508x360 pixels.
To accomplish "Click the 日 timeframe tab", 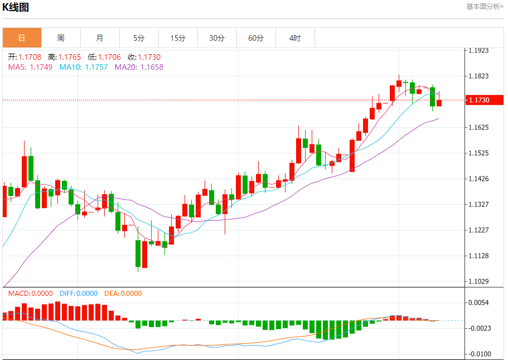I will (22, 38).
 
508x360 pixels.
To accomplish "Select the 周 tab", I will (61, 38).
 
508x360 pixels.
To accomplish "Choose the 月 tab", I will (100, 38).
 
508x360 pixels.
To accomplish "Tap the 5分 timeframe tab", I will (139, 38).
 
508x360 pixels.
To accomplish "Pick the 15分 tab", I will (178, 38).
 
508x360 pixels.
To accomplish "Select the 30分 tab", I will (217, 38).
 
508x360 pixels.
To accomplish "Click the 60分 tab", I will (256, 38).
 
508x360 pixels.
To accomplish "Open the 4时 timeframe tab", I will (295, 38).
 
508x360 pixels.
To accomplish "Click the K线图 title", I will (16, 7).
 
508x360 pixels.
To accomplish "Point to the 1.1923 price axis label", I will (478, 50).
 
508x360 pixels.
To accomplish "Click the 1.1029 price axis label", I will (478, 281).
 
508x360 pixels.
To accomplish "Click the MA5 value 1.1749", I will (41, 67).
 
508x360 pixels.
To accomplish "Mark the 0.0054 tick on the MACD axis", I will (478, 303).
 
